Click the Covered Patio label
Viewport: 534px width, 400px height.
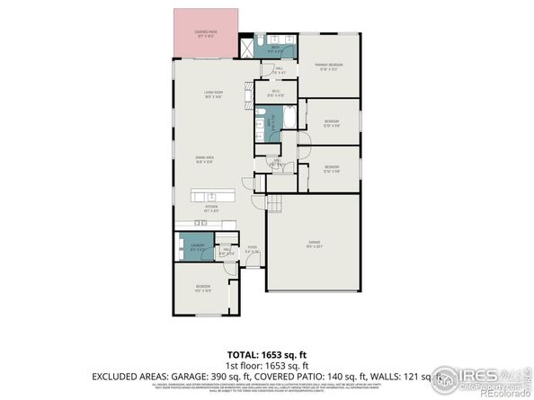tap(206, 33)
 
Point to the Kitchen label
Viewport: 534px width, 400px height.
tap(211, 209)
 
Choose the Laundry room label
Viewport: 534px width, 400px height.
tap(198, 246)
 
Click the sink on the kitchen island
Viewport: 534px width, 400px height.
tap(213, 196)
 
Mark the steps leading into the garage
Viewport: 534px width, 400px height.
tap(275, 206)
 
